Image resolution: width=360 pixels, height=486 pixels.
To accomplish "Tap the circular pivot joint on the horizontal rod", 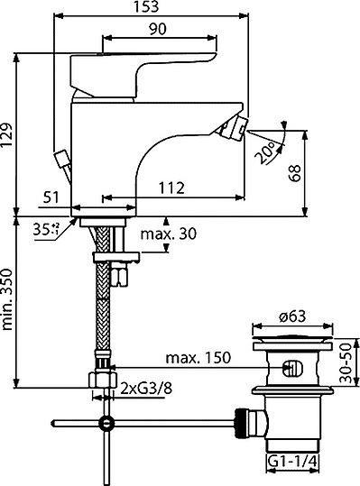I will [107, 422].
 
